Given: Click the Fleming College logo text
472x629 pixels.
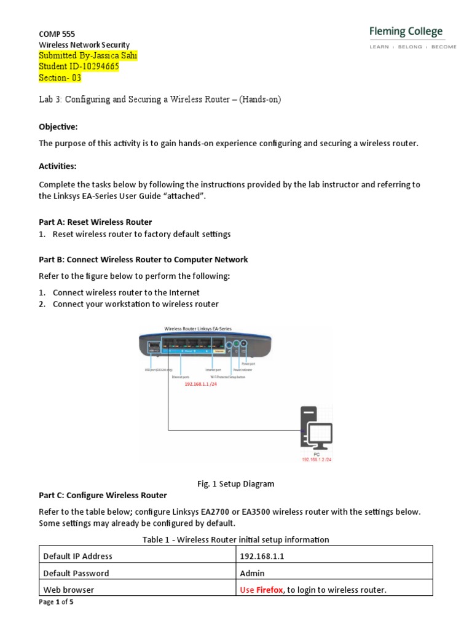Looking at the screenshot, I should [x=406, y=32].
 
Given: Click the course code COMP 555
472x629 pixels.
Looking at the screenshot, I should [x=57, y=34].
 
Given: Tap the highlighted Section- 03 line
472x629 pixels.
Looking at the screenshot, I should [x=60, y=78].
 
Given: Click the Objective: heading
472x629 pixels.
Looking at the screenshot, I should [x=58, y=127].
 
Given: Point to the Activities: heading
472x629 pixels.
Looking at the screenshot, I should [x=59, y=166].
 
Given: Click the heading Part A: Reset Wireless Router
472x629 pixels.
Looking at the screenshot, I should [x=95, y=222].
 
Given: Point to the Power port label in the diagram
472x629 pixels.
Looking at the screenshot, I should [x=255, y=364].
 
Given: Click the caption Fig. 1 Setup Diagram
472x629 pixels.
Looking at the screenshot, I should [x=236, y=484].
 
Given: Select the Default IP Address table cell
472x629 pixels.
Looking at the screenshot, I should [x=78, y=557].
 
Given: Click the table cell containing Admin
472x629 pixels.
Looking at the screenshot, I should [x=253, y=573].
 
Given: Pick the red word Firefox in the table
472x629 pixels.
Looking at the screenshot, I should [x=270, y=590].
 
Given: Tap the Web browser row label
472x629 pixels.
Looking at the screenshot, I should [x=69, y=590].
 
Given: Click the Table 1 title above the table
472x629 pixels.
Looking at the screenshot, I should [x=236, y=539].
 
